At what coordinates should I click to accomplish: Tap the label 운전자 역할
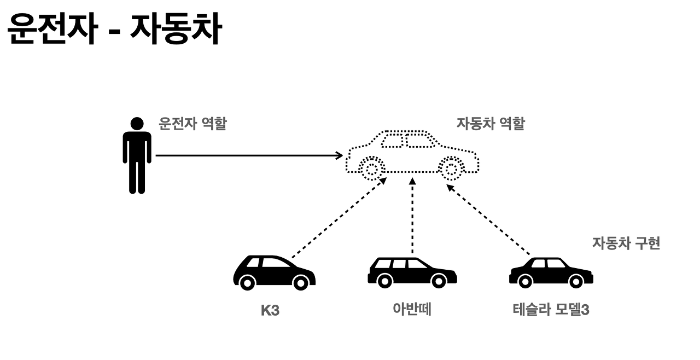click(192, 123)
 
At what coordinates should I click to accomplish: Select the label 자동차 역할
click(490, 124)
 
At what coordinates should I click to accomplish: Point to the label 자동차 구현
click(626, 243)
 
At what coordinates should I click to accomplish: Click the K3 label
click(270, 310)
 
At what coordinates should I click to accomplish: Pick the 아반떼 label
click(412, 310)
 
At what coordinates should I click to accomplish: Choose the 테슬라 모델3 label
click(551, 310)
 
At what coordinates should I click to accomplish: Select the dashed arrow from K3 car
click(339, 217)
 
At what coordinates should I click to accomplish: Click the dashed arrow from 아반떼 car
click(412, 219)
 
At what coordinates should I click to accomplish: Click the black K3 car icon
click(273, 272)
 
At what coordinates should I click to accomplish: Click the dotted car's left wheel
click(371, 169)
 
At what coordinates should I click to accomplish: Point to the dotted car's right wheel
click(452, 169)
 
